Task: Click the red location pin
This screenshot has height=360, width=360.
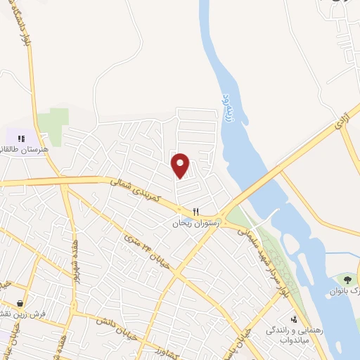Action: (181, 165)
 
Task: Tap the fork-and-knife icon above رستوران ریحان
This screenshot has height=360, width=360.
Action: (197, 212)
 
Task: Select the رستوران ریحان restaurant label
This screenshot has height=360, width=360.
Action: (197, 223)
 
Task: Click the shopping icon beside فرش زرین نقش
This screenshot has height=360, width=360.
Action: (20, 302)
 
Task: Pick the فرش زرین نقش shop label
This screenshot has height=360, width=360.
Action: (17, 313)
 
